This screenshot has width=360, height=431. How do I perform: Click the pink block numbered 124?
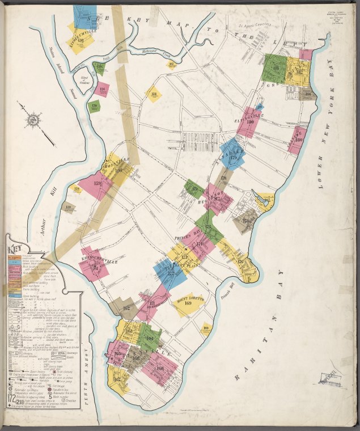click(x=102, y=89)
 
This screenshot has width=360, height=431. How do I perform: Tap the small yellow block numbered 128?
click(x=77, y=189)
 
